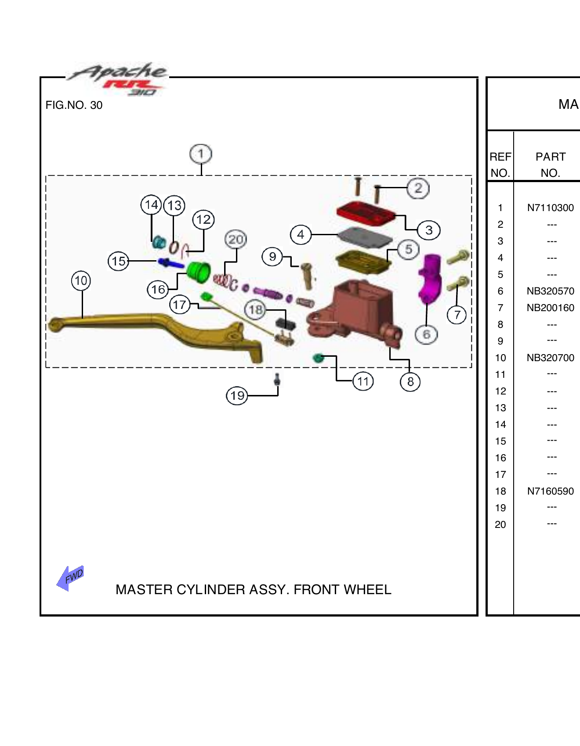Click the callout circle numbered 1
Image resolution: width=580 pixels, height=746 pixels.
pyautogui.click(x=201, y=154)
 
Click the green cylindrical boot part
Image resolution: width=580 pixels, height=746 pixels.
pyautogui.click(x=199, y=271)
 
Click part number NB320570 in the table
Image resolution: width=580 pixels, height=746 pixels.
pyautogui.click(x=551, y=291)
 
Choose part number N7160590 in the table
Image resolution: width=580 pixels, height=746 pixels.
pyautogui.click(x=551, y=491)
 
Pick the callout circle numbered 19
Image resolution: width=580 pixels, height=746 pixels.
pyautogui.click(x=237, y=396)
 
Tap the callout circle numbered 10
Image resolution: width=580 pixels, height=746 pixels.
pyautogui.click(x=81, y=280)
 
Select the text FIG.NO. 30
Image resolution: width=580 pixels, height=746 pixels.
pyautogui.click(x=74, y=105)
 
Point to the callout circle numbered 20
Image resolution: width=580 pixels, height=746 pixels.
pyautogui.click(x=236, y=240)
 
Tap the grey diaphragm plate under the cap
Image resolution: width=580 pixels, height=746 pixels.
pyautogui.click(x=365, y=237)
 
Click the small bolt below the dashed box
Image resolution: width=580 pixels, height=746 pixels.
pyautogui.click(x=277, y=380)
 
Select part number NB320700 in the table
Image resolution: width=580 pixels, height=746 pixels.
pyautogui.click(x=551, y=358)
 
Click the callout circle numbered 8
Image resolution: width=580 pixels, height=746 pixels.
pyautogui.click(x=410, y=382)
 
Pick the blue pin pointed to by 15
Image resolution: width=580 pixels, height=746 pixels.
pyautogui.click(x=171, y=263)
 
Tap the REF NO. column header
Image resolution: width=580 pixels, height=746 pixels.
pyautogui.click(x=500, y=165)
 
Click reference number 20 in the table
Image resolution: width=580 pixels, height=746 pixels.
pyautogui.click(x=500, y=524)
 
